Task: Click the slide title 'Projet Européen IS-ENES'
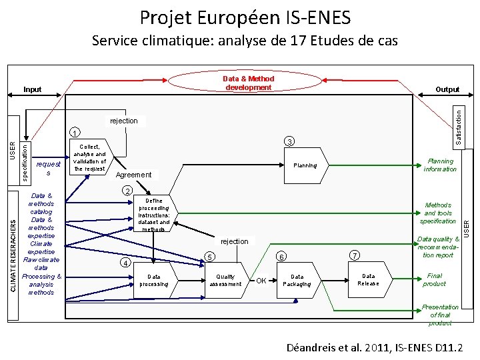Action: coord(245,17)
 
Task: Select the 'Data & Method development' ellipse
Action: coord(248,83)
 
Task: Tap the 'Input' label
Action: coord(32,89)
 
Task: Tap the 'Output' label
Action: coord(447,89)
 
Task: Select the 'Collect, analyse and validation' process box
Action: coord(90,157)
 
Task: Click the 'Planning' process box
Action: coord(305,165)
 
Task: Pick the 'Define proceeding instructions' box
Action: coord(154,214)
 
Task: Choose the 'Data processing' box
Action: coord(154,280)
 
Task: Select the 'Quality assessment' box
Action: coord(225,280)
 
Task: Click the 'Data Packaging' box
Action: coord(297,280)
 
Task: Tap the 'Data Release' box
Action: coord(368,279)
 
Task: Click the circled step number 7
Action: coord(355,255)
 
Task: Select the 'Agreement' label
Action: coord(133,175)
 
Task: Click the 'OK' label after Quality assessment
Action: coord(263,281)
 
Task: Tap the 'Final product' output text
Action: coord(434,279)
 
